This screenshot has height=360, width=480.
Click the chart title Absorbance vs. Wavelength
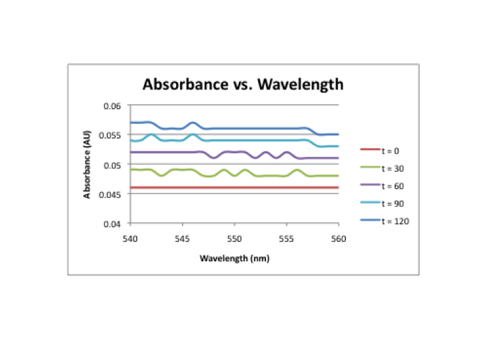tap(243, 85)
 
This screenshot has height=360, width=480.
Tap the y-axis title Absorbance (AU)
tap(87, 165)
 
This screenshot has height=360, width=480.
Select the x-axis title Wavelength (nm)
tap(234, 259)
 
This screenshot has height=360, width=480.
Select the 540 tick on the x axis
tap(130, 237)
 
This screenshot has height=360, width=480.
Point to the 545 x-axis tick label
tap(182, 237)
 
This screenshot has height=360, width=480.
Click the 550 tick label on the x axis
tap(234, 237)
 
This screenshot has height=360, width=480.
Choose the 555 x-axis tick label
tap(286, 237)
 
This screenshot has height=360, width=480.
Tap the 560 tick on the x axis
tap(338, 237)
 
